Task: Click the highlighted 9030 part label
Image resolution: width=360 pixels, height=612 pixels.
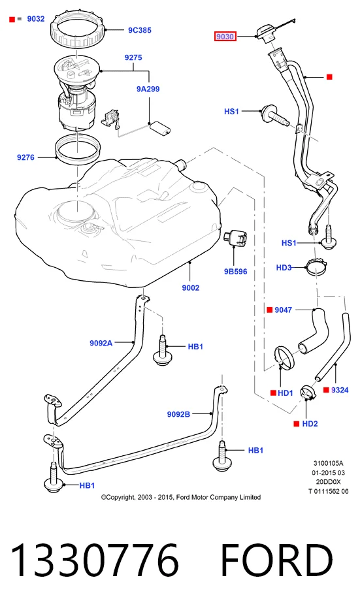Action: click(x=225, y=37)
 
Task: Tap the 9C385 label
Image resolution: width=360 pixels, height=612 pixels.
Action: click(x=140, y=30)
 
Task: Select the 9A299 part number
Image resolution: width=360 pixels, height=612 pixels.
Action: click(x=148, y=89)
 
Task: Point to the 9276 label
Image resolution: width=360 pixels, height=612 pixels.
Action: click(x=25, y=157)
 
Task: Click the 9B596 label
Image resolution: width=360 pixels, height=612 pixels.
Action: click(x=235, y=272)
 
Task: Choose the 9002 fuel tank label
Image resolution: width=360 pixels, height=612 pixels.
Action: click(x=191, y=288)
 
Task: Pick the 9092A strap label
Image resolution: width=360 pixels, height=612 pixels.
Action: click(x=101, y=343)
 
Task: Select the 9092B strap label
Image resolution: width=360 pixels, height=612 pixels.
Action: click(x=179, y=414)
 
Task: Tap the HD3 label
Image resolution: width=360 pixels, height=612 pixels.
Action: click(x=284, y=268)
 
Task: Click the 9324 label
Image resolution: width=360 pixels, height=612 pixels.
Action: click(x=340, y=390)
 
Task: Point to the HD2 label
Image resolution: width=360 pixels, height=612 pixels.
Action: click(x=310, y=423)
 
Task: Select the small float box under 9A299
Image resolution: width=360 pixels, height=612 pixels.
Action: click(x=160, y=129)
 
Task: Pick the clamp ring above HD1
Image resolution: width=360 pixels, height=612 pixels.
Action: click(x=286, y=357)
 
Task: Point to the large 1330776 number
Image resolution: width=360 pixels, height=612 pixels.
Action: click(x=95, y=561)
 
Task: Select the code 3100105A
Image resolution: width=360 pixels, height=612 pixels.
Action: click(x=328, y=463)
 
